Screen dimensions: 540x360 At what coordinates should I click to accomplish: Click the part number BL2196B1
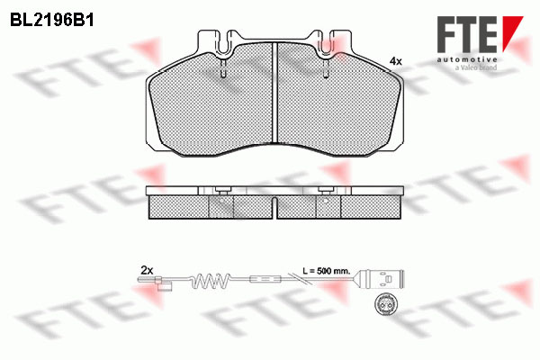pos(52,21)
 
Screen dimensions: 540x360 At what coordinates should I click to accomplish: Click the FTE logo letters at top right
pos(467,34)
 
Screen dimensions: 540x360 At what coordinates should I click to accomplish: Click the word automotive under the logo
pos(467,59)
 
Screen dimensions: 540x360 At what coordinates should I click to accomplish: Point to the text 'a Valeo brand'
pos(475,67)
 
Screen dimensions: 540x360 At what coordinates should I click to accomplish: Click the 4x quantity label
pos(395,62)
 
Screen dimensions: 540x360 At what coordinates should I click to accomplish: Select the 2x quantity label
pos(147,270)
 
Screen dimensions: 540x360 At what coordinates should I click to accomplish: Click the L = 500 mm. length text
pos(327,270)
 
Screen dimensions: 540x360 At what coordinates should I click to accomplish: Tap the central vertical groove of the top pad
pos(274,93)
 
